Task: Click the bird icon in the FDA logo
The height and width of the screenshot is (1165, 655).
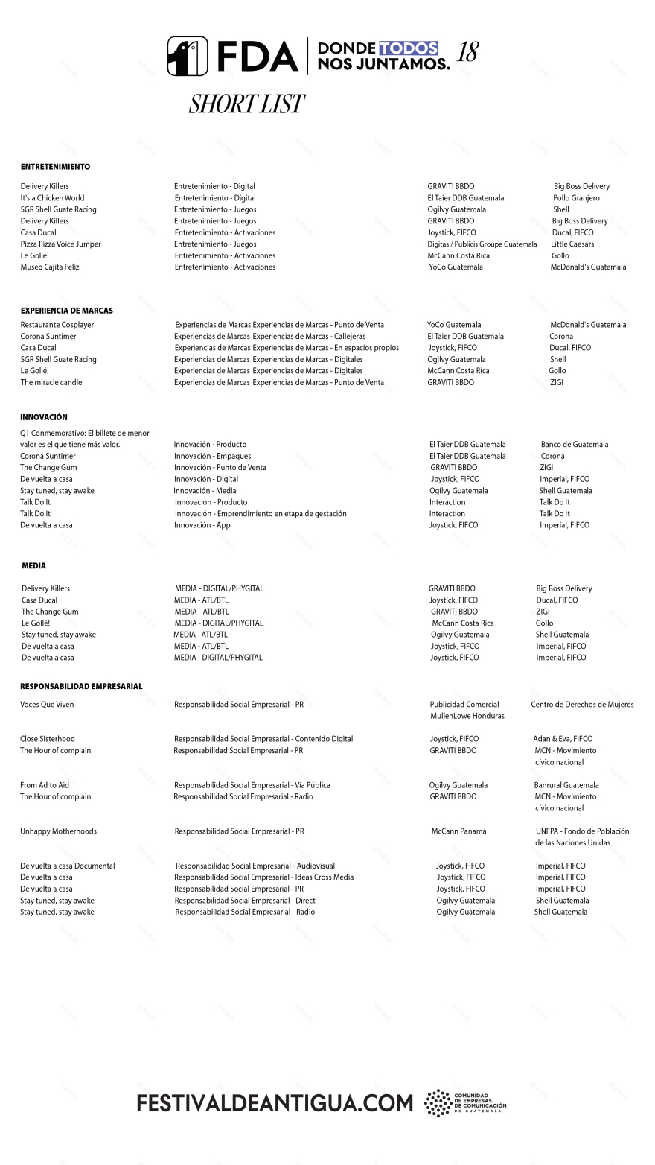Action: pos(188,56)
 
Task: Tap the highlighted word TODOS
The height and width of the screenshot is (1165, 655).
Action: pos(408,48)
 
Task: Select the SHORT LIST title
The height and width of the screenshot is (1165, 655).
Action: pos(246,104)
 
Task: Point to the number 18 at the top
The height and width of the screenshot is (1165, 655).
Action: pos(467,52)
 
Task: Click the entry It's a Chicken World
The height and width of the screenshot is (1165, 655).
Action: pos(52,198)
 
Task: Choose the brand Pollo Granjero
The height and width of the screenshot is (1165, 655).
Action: pos(576,198)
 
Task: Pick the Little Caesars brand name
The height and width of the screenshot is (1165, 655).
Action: pos(572,244)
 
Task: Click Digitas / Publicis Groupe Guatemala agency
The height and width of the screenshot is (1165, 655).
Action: pos(482,244)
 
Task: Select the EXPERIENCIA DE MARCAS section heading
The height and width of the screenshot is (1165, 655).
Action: pos(67,311)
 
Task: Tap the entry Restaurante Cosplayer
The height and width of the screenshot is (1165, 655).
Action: pos(57,325)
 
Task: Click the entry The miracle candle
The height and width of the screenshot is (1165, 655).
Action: pos(51,383)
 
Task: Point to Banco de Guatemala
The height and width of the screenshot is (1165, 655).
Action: pos(575,445)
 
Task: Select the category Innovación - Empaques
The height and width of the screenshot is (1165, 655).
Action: pos(212,456)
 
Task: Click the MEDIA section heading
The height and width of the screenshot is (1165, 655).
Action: pos(33,566)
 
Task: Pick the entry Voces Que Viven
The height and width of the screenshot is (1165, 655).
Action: pos(47,705)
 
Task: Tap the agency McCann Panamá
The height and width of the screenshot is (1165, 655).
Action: pos(458,831)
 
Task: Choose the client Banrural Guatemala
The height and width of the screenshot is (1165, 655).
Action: pos(566,785)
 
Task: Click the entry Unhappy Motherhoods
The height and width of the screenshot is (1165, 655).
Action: pos(58,831)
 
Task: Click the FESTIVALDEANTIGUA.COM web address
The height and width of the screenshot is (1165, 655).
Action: pos(275,1103)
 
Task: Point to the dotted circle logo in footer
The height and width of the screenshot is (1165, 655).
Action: pos(437,1103)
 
